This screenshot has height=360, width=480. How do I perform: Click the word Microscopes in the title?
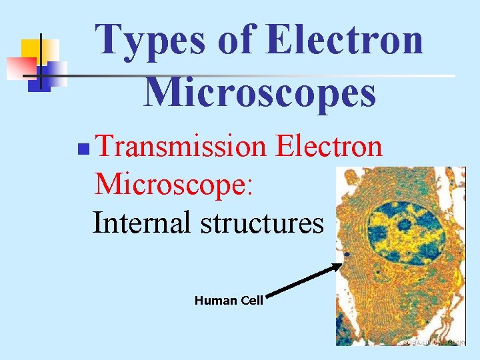click(x=260, y=91)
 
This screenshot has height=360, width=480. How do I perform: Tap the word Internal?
click(x=141, y=222)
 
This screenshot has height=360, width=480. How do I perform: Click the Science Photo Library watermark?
click(x=433, y=342)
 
